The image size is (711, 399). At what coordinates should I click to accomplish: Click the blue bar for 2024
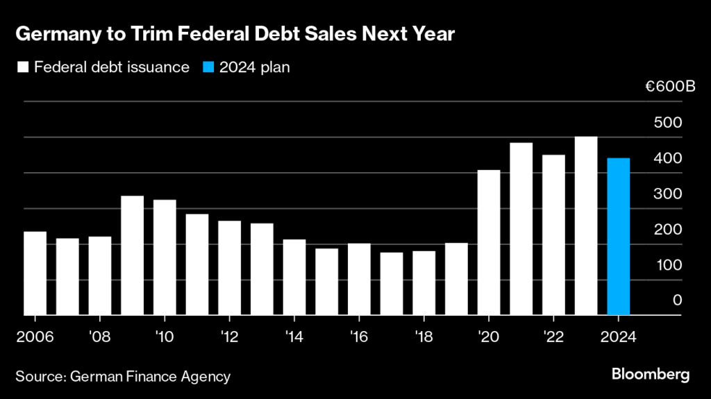[618, 237]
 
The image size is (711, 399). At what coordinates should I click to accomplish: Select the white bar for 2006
[35, 273]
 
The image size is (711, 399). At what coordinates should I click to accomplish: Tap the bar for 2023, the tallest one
[586, 226]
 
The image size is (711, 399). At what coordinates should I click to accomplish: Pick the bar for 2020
[489, 242]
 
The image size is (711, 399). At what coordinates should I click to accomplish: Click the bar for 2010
[165, 257]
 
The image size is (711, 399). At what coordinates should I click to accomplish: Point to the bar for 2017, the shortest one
[392, 284]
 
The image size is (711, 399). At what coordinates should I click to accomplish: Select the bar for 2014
[294, 277]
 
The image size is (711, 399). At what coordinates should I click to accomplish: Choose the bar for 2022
[553, 235]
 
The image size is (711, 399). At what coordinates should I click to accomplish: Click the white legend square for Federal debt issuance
[23, 67]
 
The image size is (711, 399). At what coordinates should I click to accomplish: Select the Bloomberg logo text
[651, 375]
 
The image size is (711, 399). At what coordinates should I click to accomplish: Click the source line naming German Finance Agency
[123, 377]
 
